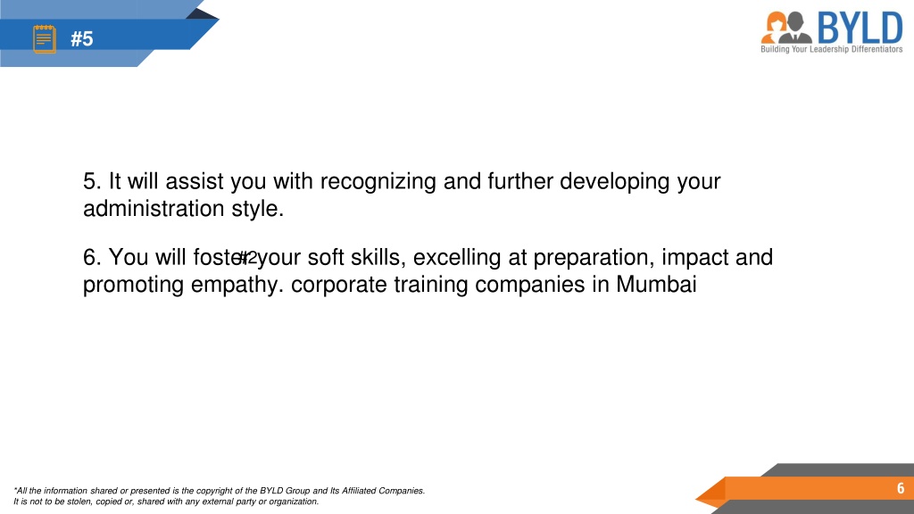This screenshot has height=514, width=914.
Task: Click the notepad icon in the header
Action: click(x=45, y=39)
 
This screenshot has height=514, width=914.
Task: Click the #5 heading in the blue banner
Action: click(x=81, y=39)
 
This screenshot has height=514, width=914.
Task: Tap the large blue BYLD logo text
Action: click(x=860, y=28)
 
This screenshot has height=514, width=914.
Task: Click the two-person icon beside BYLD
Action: click(x=786, y=28)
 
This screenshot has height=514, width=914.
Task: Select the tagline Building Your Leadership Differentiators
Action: click(x=831, y=50)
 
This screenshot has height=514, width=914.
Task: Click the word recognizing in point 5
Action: click(x=378, y=182)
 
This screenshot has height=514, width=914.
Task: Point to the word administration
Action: click(x=154, y=209)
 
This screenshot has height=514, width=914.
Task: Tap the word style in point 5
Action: click(x=257, y=209)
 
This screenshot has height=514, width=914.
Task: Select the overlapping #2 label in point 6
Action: click(x=248, y=258)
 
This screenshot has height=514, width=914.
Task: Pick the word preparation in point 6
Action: click(x=594, y=258)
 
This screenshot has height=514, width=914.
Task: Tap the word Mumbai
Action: click(x=656, y=285)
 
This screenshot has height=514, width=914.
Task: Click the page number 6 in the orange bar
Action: click(x=901, y=488)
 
